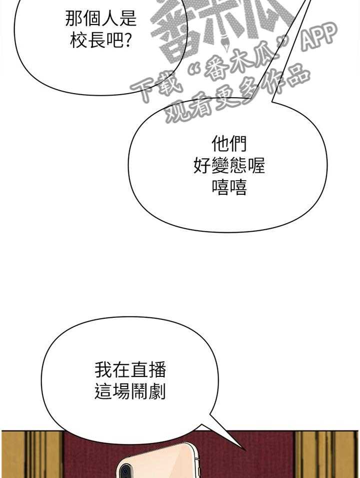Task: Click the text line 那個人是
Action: coord(101,20)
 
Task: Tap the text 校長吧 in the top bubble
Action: coord(95,41)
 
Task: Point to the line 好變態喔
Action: coord(229,166)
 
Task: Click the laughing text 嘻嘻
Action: coord(229,188)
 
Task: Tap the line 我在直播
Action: coord(130,370)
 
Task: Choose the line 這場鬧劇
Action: coord(130,392)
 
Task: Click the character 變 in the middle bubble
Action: coord(229,166)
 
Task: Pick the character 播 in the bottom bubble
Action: coord(157,370)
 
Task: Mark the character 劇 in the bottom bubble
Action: coord(157,392)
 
